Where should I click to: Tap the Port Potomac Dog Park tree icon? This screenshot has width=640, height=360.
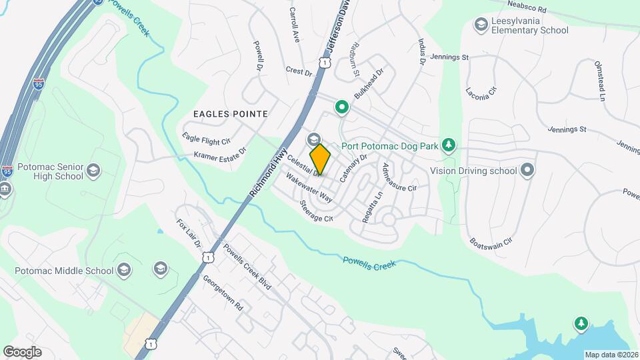click(449, 145)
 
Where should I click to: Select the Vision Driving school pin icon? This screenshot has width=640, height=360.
click(527, 170)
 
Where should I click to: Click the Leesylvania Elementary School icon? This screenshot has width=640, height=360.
click(480, 25)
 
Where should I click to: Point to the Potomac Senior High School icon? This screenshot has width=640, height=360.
click(93, 171)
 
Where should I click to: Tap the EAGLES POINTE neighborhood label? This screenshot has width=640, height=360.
click(230, 114)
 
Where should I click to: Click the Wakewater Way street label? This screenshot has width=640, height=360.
click(309, 187)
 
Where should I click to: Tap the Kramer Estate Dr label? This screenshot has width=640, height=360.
click(220, 155)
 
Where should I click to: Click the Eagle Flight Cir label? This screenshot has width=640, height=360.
click(206, 138)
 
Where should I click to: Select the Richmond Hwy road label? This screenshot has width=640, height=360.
click(268, 173)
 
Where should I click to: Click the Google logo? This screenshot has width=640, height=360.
click(22, 352)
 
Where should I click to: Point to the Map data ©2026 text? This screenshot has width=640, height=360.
click(611, 355)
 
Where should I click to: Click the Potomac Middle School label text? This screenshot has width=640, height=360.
click(64, 271)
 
